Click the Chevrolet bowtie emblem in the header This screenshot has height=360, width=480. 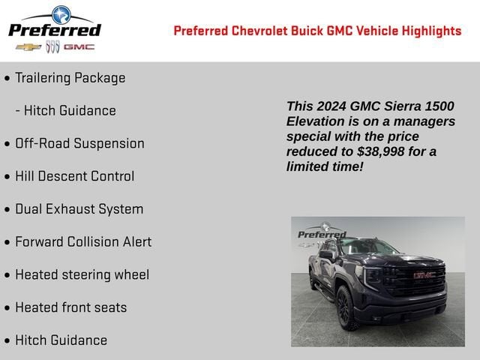click(28, 47)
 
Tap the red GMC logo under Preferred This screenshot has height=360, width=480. click(79, 47)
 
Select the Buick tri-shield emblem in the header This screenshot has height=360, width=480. click(52, 47)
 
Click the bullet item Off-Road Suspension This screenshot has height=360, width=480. click(79, 143)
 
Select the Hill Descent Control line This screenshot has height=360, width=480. click(74, 176)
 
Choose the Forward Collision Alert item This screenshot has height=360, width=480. click(83, 241)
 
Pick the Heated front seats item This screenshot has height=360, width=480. click(70, 307)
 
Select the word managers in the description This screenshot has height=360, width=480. click(422, 121)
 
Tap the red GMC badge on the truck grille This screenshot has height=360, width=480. click(424, 274)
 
